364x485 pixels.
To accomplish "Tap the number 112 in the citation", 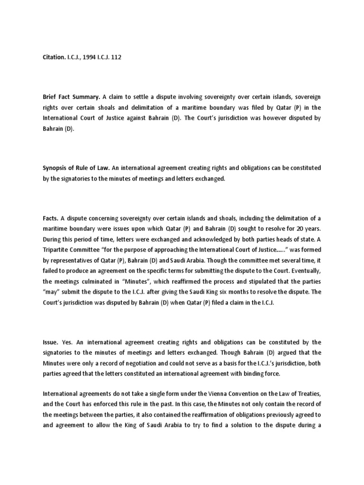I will (x=121, y=57).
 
